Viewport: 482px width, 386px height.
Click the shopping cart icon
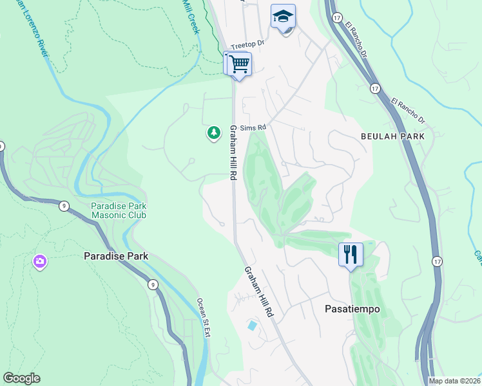coord(239,64)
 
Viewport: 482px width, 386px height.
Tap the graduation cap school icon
coord(283,17)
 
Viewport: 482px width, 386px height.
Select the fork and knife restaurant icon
coord(351,254)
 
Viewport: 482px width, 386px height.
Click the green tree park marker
coord(213,133)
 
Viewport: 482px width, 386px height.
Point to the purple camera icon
coord(40,261)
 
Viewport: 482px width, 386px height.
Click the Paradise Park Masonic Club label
coord(118,210)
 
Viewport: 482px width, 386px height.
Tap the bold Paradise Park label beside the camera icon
coord(116,256)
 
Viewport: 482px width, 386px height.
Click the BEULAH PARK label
coord(392,136)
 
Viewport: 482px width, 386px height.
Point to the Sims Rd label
coord(253,128)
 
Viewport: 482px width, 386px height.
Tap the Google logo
coord(21,378)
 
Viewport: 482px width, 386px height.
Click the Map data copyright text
coord(454,381)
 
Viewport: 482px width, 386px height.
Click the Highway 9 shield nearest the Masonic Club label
coord(63,206)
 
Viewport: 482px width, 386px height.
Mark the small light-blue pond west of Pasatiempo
coord(251,326)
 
